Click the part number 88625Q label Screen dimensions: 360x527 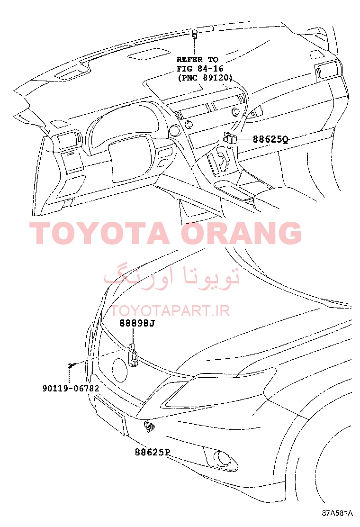point(270,139)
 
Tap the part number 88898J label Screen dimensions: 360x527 point(137,323)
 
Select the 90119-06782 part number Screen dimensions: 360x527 point(71,389)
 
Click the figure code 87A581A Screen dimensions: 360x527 point(337,513)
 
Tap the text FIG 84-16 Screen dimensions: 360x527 point(200,69)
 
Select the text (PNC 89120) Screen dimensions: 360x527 point(205,78)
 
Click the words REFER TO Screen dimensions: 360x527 point(198,60)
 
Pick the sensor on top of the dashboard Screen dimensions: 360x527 point(195,34)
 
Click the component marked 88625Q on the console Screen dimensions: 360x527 point(230,137)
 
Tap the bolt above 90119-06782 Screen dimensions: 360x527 point(70,365)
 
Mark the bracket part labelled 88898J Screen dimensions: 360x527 point(133,355)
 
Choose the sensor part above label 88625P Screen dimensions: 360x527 point(149,427)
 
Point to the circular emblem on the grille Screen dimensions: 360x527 point(120,371)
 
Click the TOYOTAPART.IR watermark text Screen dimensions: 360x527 point(171,311)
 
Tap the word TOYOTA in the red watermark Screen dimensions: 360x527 point(100,233)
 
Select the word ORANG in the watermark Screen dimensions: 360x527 point(242,233)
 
